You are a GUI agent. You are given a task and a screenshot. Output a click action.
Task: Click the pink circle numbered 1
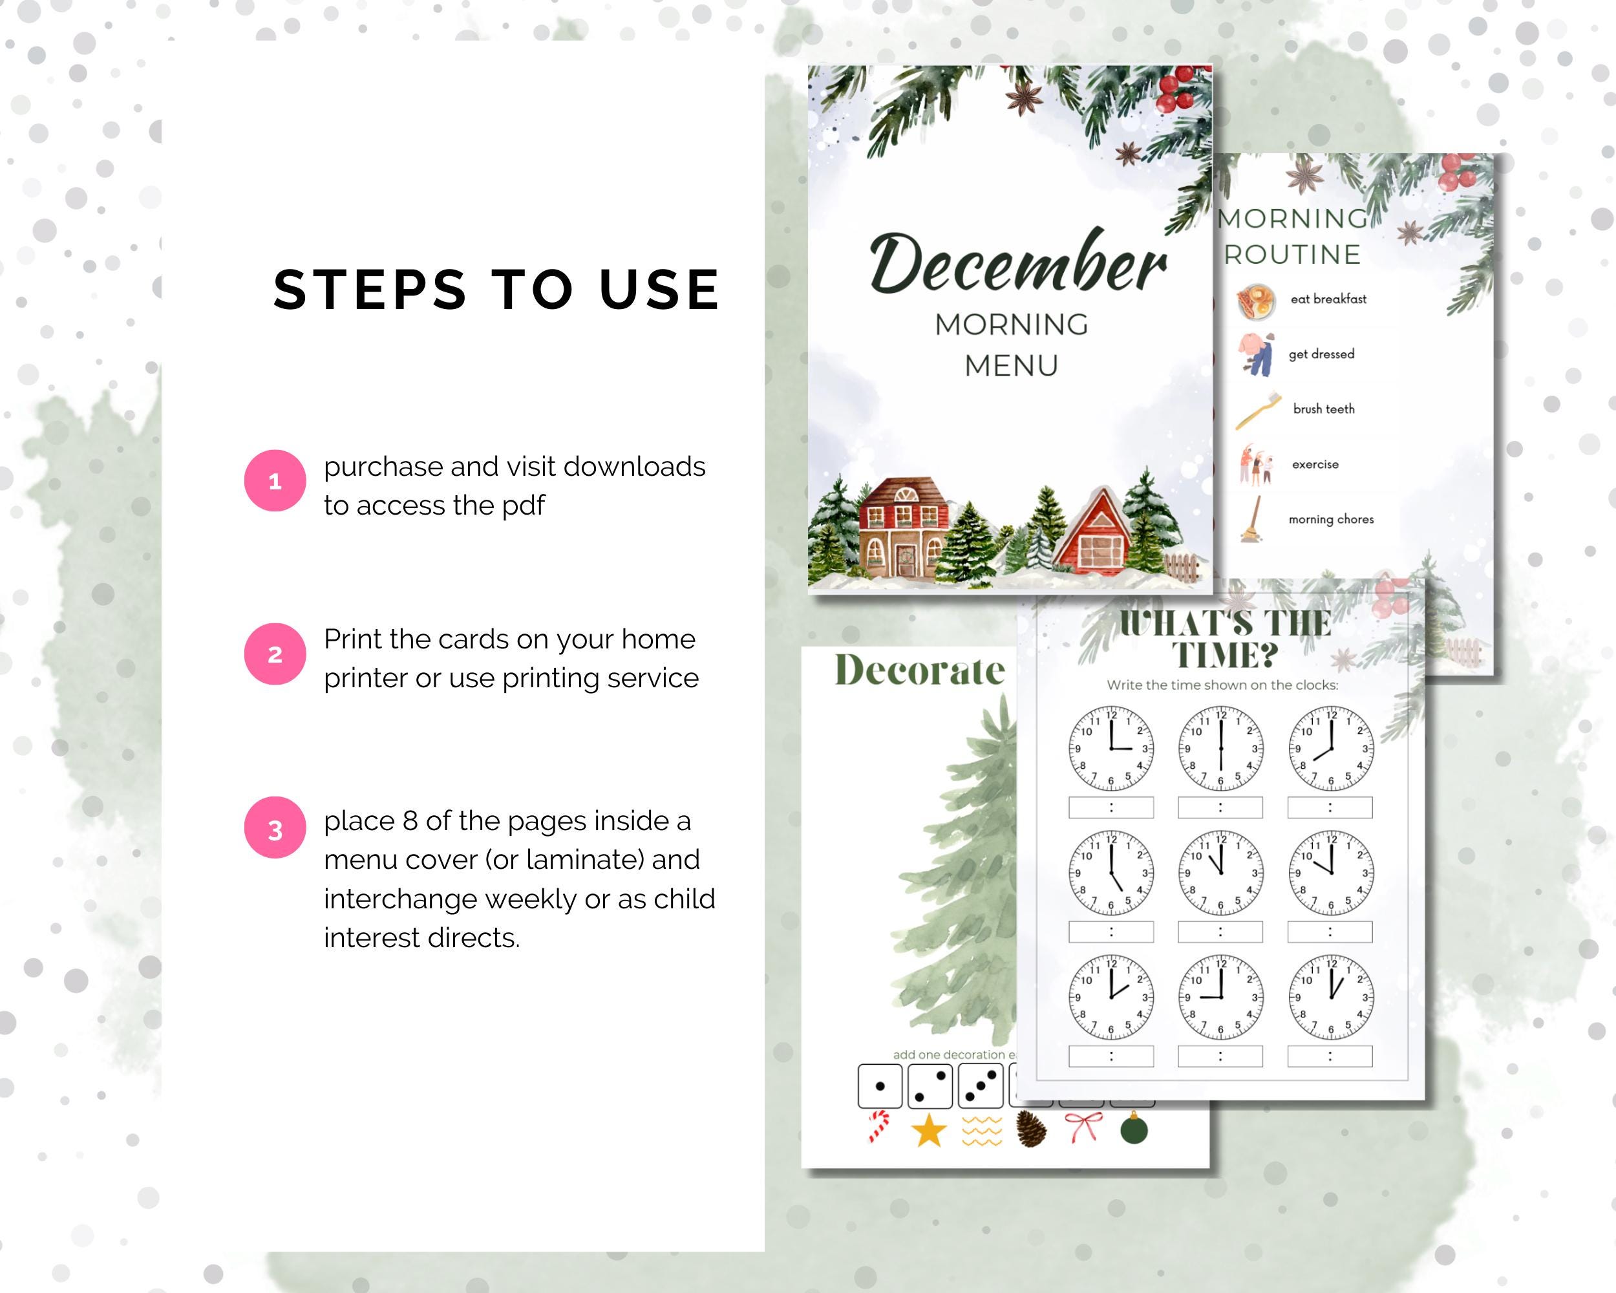pyautogui.click(x=275, y=480)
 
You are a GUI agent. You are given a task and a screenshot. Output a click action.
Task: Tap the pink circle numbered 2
pyautogui.click(x=275, y=654)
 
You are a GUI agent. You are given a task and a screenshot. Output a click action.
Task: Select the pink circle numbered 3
pyautogui.click(x=275, y=828)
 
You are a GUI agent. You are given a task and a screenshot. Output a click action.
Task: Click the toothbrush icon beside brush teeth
pyautogui.click(x=1259, y=410)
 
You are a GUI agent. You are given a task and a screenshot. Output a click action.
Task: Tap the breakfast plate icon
pyautogui.click(x=1255, y=300)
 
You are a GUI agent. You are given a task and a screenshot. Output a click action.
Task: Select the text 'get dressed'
pyautogui.click(x=1321, y=354)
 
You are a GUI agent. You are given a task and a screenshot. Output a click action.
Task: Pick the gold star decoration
pyautogui.click(x=929, y=1129)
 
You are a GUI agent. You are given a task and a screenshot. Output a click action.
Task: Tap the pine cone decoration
pyautogui.click(x=1032, y=1129)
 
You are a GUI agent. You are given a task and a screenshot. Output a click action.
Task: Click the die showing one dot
pyautogui.click(x=880, y=1085)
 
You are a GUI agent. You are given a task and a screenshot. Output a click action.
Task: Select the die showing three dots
pyautogui.click(x=981, y=1086)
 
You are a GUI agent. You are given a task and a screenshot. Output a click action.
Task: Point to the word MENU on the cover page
pyautogui.click(x=1011, y=366)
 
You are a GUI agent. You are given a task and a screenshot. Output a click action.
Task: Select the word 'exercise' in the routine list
pyautogui.click(x=1315, y=464)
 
